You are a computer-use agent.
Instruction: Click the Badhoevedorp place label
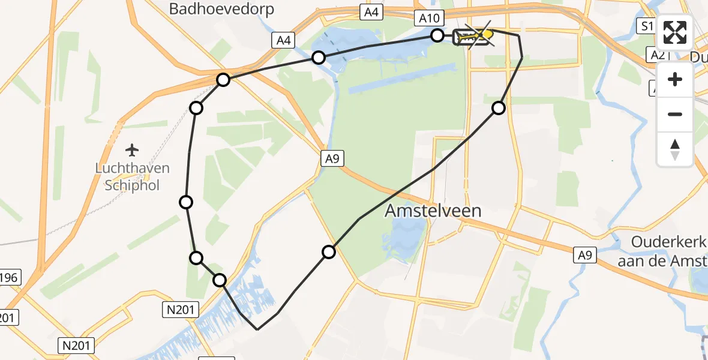[221, 9]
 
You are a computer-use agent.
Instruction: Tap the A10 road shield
[428, 19]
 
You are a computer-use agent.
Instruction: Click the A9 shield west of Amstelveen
[332, 158]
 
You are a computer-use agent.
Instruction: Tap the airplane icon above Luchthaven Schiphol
[133, 149]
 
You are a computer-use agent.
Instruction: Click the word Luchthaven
[133, 169]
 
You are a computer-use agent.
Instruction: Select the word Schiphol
[133, 185]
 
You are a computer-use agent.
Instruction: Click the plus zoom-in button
[675, 79]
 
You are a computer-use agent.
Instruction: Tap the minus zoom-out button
[675, 114]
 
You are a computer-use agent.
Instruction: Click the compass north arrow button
[675, 149]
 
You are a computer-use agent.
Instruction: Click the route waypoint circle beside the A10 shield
[438, 36]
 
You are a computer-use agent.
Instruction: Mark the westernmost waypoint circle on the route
[186, 202]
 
